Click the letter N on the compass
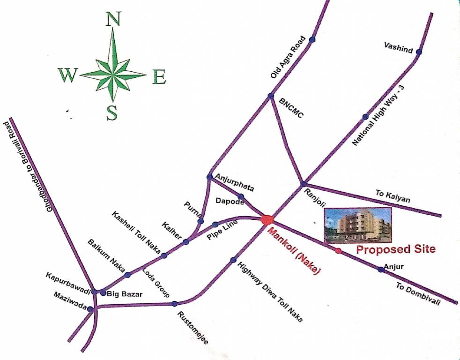[x=113, y=20]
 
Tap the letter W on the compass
[x=67, y=75]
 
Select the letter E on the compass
[x=159, y=76]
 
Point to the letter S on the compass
[x=111, y=112]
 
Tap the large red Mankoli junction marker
[x=267, y=219]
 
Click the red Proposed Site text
[x=396, y=249]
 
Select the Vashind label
[x=398, y=46]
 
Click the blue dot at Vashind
[x=419, y=52]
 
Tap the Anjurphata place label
[x=234, y=182]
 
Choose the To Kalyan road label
[x=393, y=196]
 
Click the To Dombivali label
[x=418, y=294]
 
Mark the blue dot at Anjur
[x=381, y=269]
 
